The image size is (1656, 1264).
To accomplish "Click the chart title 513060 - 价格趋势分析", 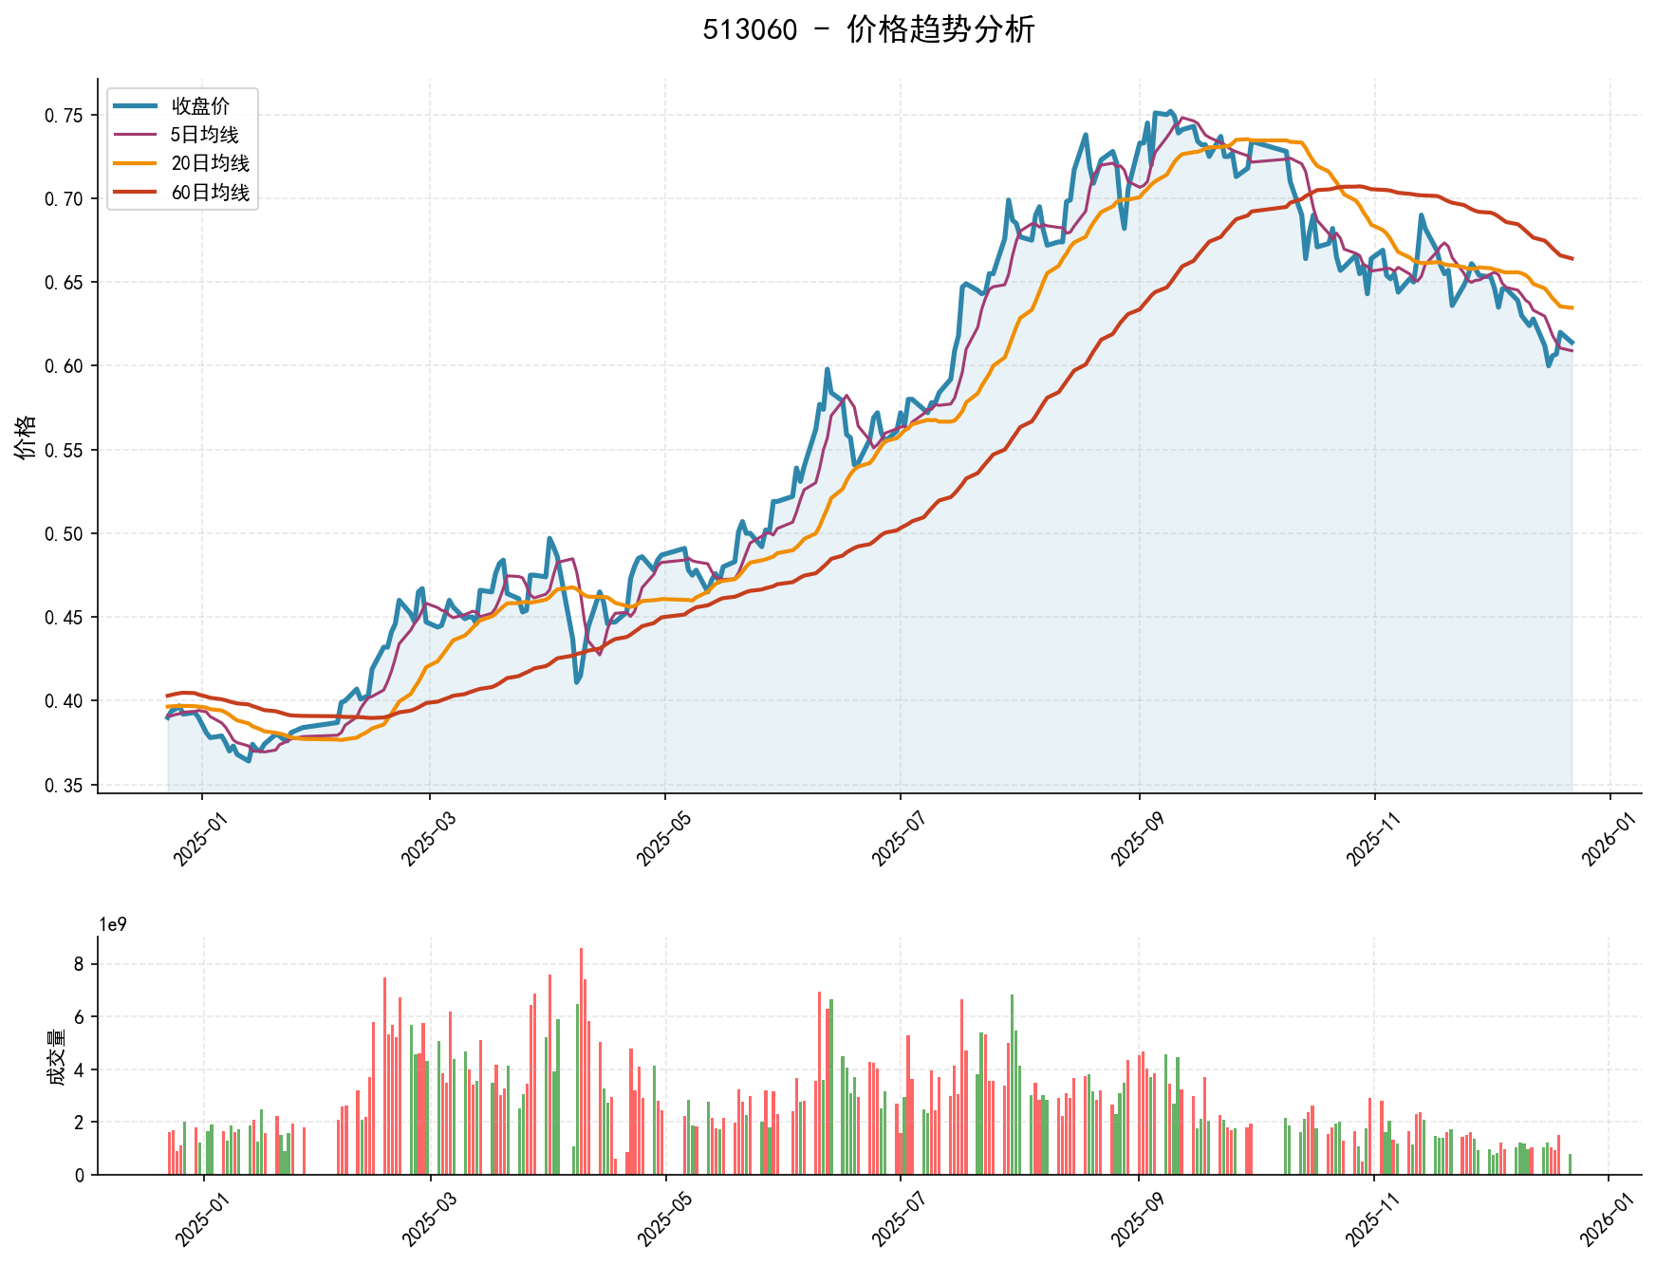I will (867, 29).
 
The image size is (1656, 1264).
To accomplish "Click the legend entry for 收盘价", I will (200, 106).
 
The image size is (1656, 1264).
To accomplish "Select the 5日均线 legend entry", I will (204, 135).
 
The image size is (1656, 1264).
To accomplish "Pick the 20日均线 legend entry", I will (210, 163).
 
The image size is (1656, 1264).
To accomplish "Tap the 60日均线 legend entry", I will (210, 193).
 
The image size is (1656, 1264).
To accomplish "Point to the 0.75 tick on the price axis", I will (64, 116).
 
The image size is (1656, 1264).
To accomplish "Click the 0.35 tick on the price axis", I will (64, 785).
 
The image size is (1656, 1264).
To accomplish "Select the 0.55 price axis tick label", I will (64, 450).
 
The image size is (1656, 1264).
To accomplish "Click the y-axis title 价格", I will (26, 437).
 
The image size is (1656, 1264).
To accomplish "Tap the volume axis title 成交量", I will (57, 1057).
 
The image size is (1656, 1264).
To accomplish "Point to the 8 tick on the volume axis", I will (79, 964).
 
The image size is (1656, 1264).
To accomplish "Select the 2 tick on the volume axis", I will (79, 1123).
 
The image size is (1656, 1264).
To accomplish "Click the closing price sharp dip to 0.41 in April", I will (577, 681).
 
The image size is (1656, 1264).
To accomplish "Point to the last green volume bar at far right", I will (1570, 1163).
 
